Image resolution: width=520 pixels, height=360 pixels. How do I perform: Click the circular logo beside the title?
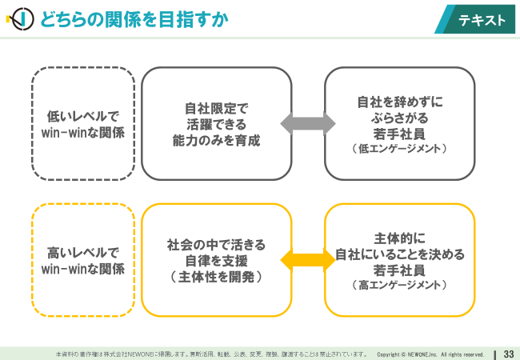pos(21,19)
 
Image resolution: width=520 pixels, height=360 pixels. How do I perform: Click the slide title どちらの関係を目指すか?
pos(134,19)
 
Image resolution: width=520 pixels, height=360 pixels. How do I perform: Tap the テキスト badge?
pos(475,19)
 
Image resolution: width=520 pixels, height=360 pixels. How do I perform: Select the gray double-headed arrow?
pos(308,124)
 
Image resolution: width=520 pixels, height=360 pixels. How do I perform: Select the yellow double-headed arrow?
pos(308,260)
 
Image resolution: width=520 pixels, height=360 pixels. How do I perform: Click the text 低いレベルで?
pos(83,116)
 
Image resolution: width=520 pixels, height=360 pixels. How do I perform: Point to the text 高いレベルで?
pos(83,253)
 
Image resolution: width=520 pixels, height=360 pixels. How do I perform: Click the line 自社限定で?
pos(216,108)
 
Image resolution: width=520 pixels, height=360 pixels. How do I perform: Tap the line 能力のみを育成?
pos(216,141)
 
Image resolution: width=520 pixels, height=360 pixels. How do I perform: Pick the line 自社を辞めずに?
pos(400,102)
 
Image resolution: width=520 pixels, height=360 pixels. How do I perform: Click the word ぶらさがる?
pos(400,118)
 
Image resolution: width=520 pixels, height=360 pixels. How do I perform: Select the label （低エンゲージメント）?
pos(400,148)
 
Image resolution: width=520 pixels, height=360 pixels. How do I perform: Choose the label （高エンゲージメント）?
pos(400,285)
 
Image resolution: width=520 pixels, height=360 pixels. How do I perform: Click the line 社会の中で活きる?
pos(216,245)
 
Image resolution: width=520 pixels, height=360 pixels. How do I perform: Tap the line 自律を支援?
pos(216,261)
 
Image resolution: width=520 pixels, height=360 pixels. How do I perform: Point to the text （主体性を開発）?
pos(216,277)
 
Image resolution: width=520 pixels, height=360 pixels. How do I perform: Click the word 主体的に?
pos(400,238)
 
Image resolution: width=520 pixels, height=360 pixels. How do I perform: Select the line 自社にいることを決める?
pos(400,254)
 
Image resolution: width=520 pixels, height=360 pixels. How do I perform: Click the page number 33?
pos(509,354)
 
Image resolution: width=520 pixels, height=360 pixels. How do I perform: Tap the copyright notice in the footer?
pos(430,354)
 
